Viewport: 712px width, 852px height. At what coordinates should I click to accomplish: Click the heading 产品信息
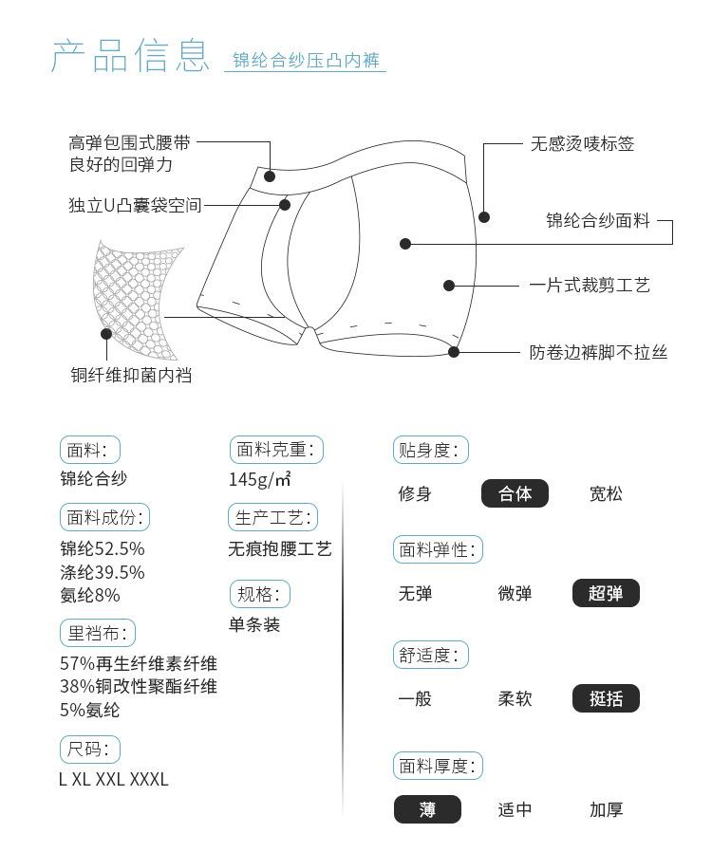pos(129,56)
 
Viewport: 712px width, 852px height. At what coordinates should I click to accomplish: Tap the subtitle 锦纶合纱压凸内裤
pos(306,62)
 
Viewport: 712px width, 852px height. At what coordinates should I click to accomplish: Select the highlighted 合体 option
pos(515,493)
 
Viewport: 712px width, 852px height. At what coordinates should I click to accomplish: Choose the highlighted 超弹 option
pos(606,594)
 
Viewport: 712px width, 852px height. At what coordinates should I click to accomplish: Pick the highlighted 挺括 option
pos(606,699)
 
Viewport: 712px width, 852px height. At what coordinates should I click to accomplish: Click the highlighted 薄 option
pos(427,809)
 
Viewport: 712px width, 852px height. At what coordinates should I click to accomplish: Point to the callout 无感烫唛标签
pos(582,144)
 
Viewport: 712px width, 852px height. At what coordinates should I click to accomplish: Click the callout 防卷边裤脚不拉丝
pos(598,352)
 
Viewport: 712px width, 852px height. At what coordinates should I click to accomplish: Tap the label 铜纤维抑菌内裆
pos(131,376)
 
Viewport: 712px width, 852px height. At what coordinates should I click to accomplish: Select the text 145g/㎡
pos(260,479)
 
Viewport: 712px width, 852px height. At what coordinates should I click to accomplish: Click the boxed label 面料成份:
pos(104,518)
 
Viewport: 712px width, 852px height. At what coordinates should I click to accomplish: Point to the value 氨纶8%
pos(90,596)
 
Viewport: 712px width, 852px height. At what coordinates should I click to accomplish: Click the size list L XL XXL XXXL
pos(114,780)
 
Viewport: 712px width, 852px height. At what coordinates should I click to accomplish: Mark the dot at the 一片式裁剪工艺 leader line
pos(449,286)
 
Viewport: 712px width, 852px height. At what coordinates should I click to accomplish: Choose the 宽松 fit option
pos(606,493)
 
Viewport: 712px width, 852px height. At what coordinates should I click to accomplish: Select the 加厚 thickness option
pos(606,809)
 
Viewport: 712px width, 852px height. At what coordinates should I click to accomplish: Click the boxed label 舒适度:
pos(430,655)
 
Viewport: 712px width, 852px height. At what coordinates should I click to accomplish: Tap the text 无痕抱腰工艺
pos(280,549)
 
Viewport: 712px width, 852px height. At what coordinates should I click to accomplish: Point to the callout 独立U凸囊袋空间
pos(135,205)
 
